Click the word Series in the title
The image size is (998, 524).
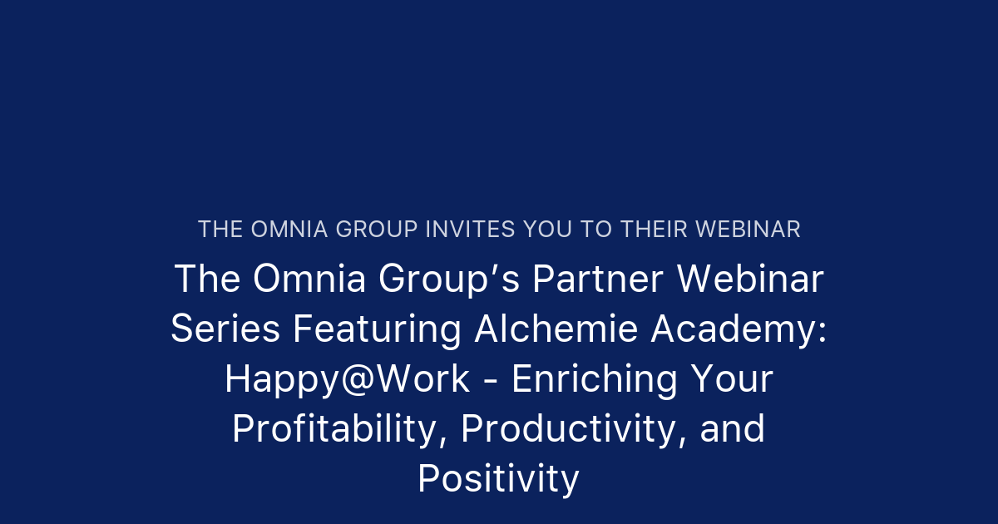[225, 329]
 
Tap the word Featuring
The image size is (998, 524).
[377, 329]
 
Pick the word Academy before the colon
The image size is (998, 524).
[733, 329]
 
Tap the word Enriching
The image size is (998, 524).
[595, 379]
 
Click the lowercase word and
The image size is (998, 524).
[733, 429]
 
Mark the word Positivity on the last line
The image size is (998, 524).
[498, 479]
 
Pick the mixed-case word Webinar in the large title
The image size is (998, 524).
[749, 279]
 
